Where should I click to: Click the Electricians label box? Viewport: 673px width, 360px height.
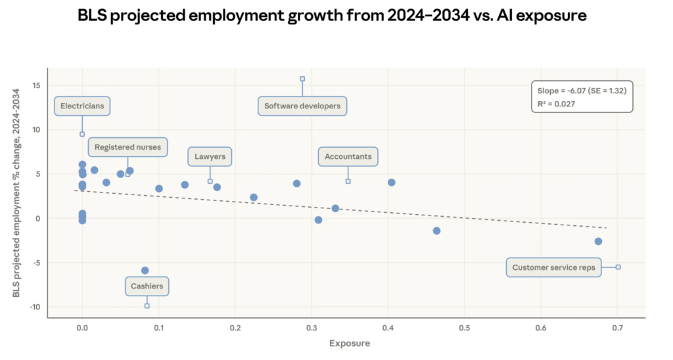click(x=81, y=106)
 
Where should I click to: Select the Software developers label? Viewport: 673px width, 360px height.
click(x=302, y=106)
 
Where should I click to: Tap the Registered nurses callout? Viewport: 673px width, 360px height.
click(x=128, y=147)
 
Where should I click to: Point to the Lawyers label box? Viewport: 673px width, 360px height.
click(x=210, y=157)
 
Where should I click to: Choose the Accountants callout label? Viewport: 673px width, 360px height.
click(x=348, y=157)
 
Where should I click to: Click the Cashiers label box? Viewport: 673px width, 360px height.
click(x=147, y=286)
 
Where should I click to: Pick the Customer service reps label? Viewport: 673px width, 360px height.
click(x=553, y=267)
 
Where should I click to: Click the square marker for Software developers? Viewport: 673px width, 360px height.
click(x=302, y=79)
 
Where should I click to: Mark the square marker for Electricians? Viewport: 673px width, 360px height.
click(x=82, y=134)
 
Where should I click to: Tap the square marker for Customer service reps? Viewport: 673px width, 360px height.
click(x=618, y=267)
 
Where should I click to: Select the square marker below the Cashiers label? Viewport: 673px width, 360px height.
click(x=147, y=305)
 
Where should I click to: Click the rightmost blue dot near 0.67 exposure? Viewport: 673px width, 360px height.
click(x=598, y=241)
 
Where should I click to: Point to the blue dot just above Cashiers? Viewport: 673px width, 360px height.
click(x=145, y=270)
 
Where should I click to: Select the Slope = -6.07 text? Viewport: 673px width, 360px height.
click(x=581, y=90)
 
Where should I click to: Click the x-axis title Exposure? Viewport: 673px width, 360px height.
click(x=350, y=344)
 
